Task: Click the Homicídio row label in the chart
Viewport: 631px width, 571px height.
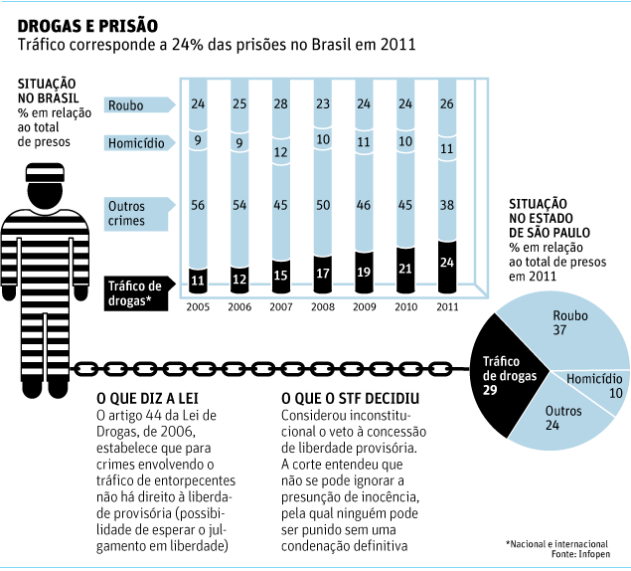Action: [x=135, y=143]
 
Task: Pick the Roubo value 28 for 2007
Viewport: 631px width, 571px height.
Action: [x=281, y=104]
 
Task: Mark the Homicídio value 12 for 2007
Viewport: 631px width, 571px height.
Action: [x=281, y=152]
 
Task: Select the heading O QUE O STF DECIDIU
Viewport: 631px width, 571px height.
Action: [x=350, y=399]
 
